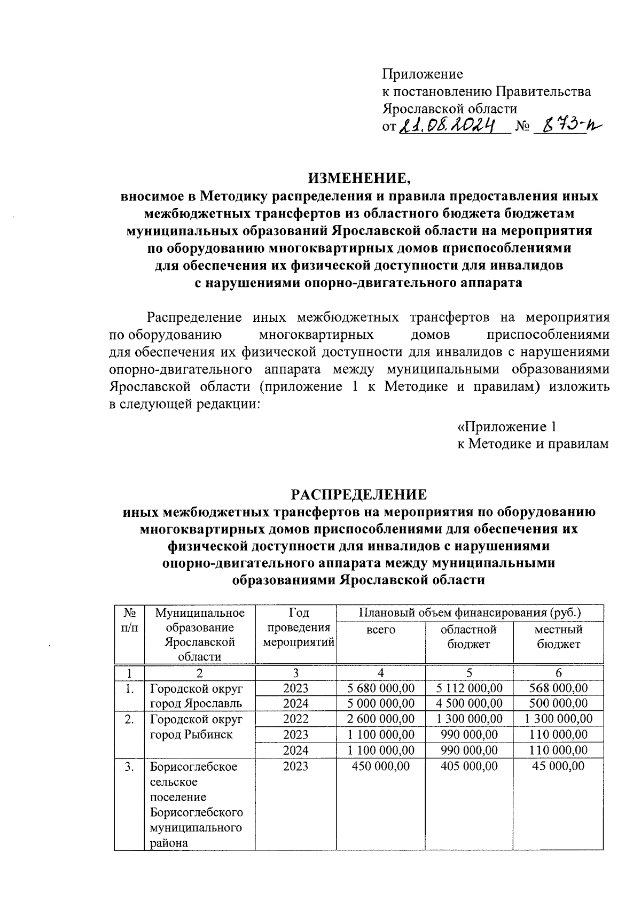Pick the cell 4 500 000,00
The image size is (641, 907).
(469, 703)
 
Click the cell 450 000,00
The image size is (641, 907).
(381, 766)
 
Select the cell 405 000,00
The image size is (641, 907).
(469, 766)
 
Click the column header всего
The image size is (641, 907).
(381, 630)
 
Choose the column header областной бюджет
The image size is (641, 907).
(469, 637)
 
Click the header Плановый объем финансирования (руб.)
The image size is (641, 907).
(470, 613)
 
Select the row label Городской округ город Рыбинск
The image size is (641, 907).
(196, 727)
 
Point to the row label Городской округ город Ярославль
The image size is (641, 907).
(196, 696)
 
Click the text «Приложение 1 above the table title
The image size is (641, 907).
(507, 427)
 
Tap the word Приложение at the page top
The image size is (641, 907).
(422, 74)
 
